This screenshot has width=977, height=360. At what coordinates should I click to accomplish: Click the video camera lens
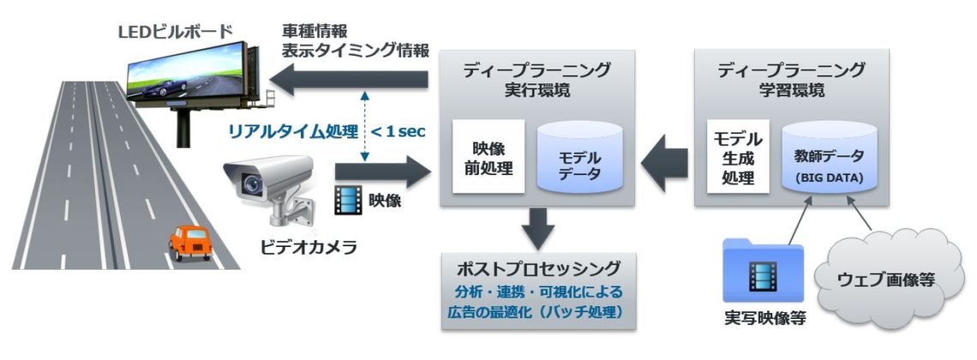pos(251,183)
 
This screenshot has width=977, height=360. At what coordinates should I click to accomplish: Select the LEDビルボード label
pos(176,33)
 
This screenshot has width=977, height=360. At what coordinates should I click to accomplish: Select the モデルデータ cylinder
pos(580,158)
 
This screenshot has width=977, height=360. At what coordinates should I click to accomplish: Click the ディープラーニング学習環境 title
pos(791,80)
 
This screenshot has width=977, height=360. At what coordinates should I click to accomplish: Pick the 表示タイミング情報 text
pos(356,51)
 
